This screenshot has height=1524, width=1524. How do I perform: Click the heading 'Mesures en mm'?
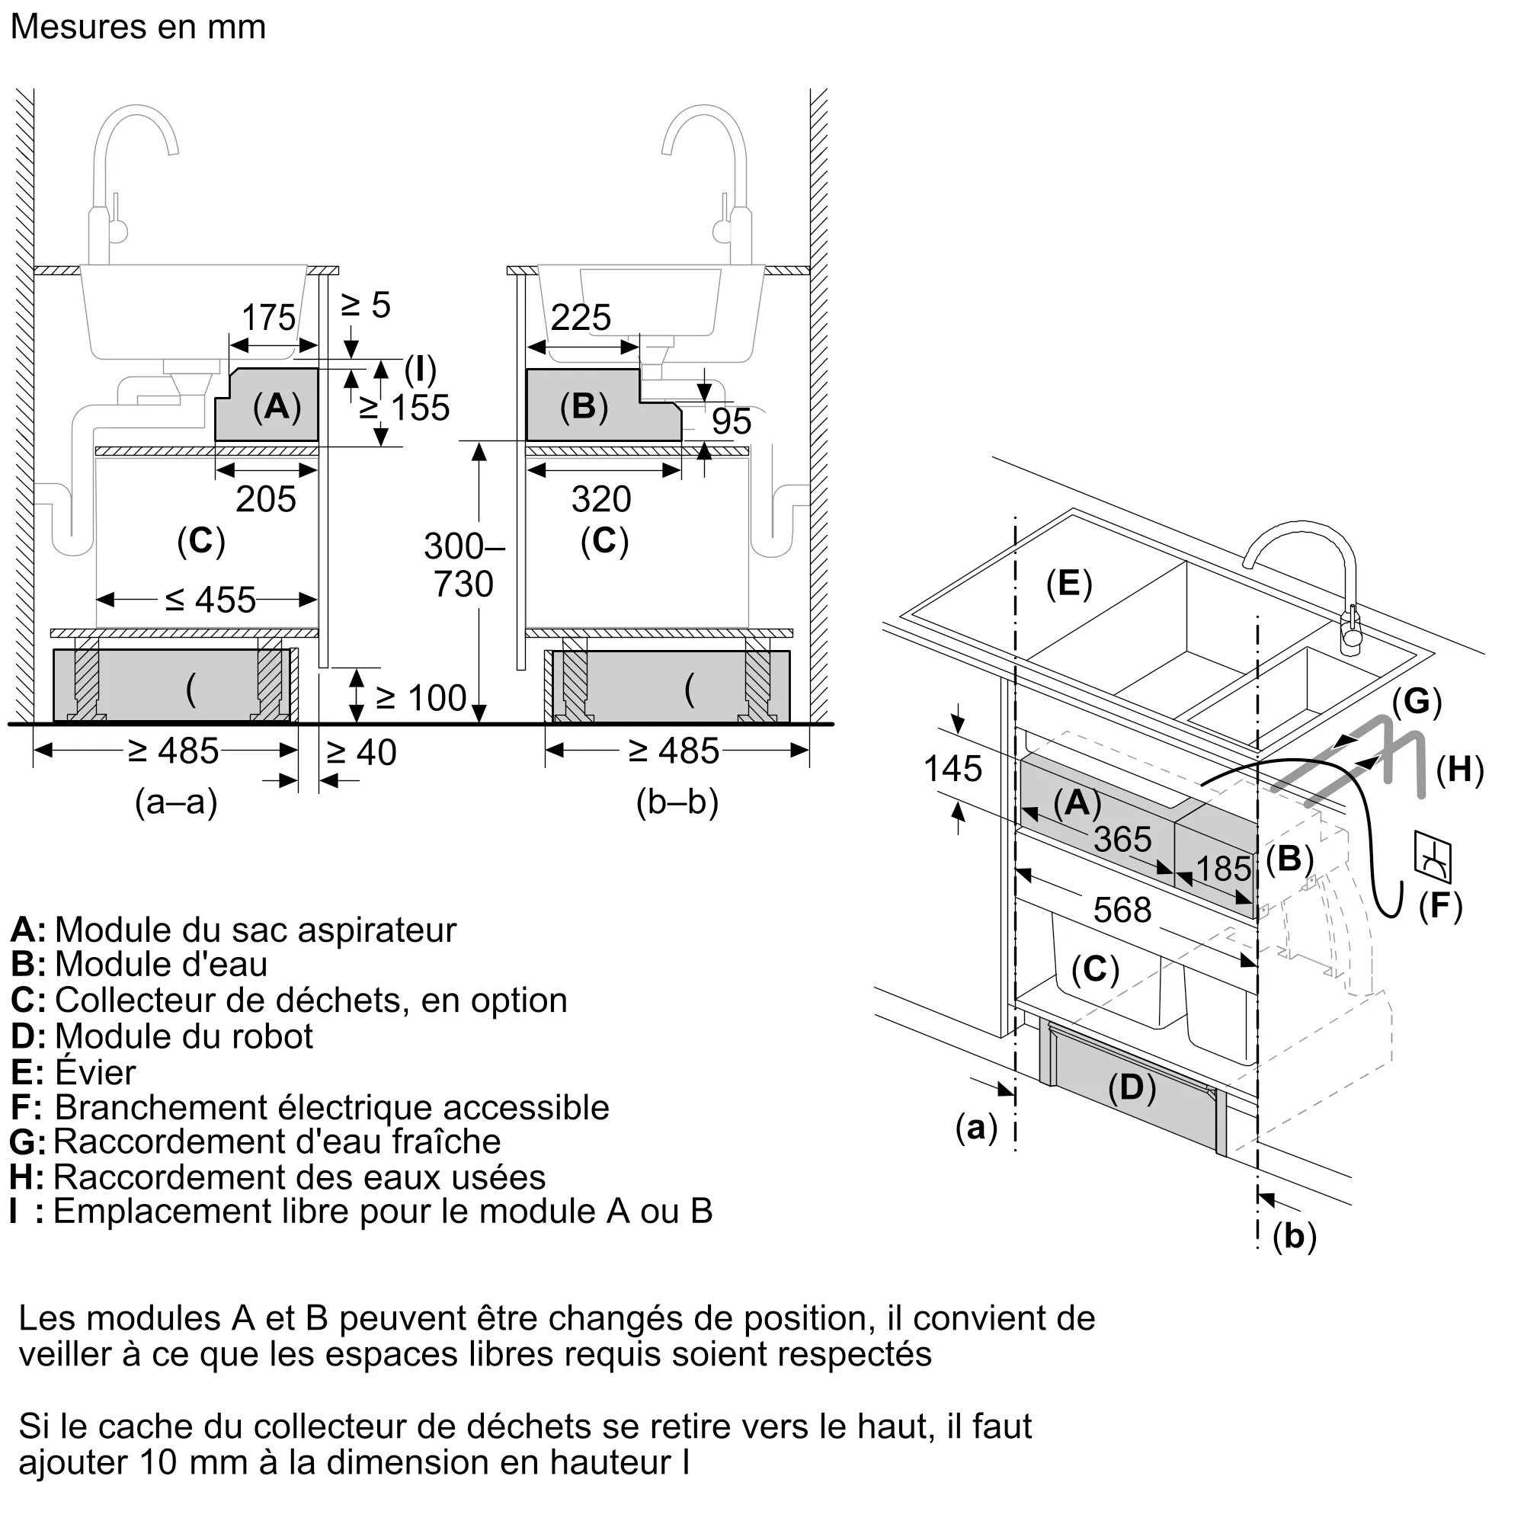click(x=138, y=27)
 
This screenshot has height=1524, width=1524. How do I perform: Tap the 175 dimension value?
click(x=268, y=318)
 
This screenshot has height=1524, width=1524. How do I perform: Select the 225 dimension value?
click(x=581, y=318)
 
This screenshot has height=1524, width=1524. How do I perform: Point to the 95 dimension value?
click(x=732, y=421)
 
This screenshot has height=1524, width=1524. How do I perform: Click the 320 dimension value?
click(x=601, y=499)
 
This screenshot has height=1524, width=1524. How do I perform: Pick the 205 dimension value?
click(x=266, y=499)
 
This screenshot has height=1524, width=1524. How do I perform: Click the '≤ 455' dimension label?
click(x=210, y=600)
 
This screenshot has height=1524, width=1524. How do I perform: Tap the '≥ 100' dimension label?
click(x=421, y=698)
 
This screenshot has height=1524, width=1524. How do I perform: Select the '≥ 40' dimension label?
click(x=361, y=753)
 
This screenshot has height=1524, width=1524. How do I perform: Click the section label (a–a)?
click(x=176, y=802)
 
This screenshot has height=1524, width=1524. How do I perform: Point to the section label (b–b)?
click(x=677, y=802)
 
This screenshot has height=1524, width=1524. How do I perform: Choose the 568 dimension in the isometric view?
click(x=1122, y=911)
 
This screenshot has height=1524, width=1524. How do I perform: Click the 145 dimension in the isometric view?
click(x=953, y=769)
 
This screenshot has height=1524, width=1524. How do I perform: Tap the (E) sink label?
click(x=1069, y=584)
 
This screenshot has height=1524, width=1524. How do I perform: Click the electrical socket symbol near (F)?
click(x=1433, y=856)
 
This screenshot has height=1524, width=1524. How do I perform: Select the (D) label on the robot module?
click(x=1132, y=1088)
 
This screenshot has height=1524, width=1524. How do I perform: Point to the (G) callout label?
click(x=1417, y=700)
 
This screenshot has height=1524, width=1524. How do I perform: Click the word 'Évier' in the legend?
click(x=95, y=1072)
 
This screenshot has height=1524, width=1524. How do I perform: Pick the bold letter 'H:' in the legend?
click(x=27, y=1178)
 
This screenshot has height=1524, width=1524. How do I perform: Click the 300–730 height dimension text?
click(x=464, y=565)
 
